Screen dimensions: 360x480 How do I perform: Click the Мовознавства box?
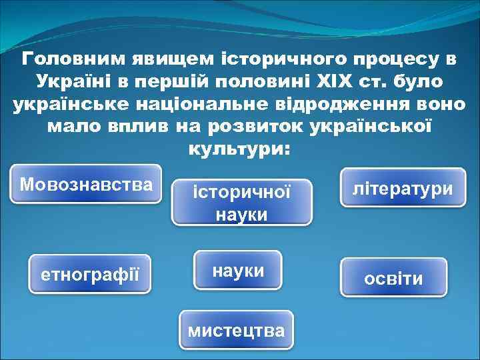click(x=86, y=184)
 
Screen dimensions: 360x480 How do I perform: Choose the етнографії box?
click(x=90, y=273)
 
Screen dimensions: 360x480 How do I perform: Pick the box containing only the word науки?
click(x=238, y=270)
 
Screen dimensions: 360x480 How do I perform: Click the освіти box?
click(x=393, y=278)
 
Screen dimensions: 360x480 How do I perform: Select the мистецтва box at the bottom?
click(x=236, y=330)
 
